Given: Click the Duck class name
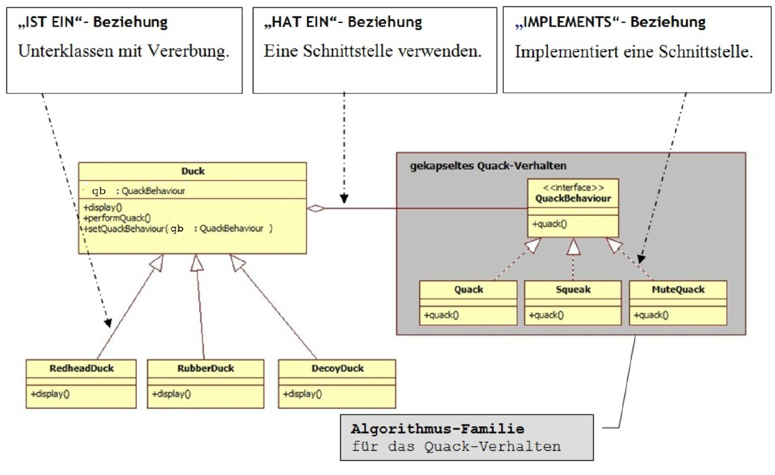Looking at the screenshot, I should (x=193, y=171).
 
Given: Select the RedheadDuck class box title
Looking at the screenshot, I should (x=82, y=368).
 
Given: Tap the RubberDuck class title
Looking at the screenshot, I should (x=206, y=368).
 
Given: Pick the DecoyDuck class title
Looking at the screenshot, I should (x=336, y=368).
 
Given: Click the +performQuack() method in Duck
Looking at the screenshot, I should (x=117, y=217).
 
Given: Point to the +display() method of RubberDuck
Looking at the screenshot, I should (x=171, y=394).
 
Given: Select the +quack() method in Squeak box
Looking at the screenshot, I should (x=546, y=315).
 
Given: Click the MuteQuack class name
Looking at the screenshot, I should (x=678, y=289).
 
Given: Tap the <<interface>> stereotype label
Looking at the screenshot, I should (x=573, y=188).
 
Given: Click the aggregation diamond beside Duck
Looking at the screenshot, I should (x=317, y=208).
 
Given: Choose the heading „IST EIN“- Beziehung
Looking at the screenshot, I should (x=93, y=22).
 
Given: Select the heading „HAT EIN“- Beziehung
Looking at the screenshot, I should (x=343, y=22).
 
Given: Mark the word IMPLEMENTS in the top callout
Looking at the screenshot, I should (x=571, y=22).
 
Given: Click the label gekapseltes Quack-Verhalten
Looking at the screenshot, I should (x=488, y=166).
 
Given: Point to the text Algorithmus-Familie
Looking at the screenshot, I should (x=438, y=428).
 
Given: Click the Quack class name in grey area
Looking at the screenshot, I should (x=468, y=289).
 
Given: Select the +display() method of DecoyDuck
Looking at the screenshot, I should (x=302, y=394).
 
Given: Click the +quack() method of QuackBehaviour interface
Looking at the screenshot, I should (x=549, y=224).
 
